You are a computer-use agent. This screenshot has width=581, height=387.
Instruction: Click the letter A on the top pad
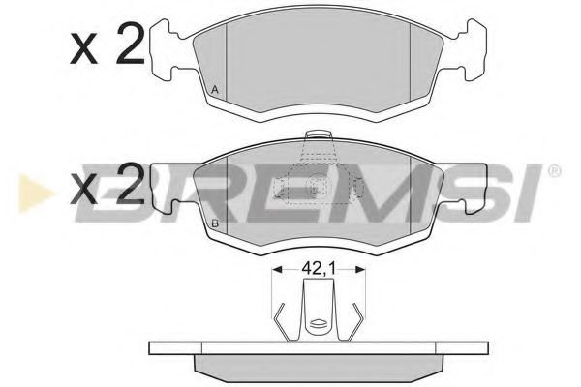[x=214, y=90]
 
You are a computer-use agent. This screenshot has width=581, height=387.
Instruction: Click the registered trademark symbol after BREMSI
[x=553, y=172]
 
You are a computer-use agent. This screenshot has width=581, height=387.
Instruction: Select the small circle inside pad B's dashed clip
[x=313, y=187]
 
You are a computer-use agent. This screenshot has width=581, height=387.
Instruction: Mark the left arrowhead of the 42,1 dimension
[x=276, y=272]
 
